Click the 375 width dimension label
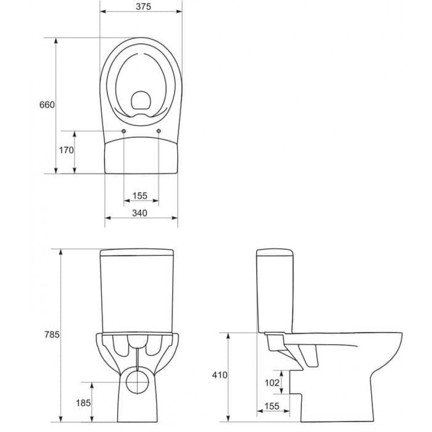click(143, 6)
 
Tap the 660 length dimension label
click(47, 105)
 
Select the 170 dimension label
click(67, 150)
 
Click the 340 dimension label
click(140, 213)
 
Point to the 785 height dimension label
click(52, 334)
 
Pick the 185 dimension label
click(83, 403)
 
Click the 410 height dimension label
click(219, 375)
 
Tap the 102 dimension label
click(272, 383)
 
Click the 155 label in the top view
click(140, 196)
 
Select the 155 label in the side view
click(272, 406)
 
